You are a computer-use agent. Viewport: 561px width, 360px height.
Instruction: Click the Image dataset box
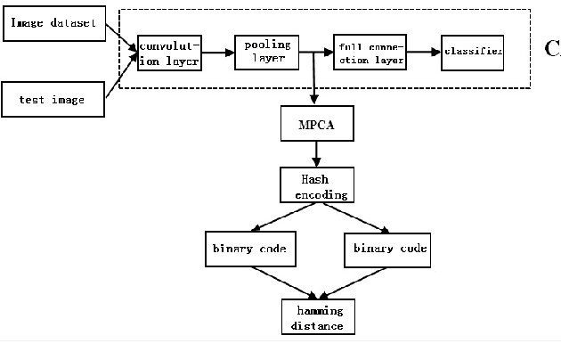point(53,22)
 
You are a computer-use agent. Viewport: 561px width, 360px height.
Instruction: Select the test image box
point(53,99)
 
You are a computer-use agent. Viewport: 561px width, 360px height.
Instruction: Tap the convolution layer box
point(170,52)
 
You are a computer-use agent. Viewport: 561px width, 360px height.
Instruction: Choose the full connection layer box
point(370,53)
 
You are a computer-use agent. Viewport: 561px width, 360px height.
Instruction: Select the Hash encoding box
point(314,186)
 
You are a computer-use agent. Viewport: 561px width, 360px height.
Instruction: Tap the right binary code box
point(386,248)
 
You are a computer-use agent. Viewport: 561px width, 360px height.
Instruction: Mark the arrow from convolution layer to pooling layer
point(219,53)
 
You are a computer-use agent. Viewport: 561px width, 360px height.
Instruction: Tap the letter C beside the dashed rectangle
point(551,49)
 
